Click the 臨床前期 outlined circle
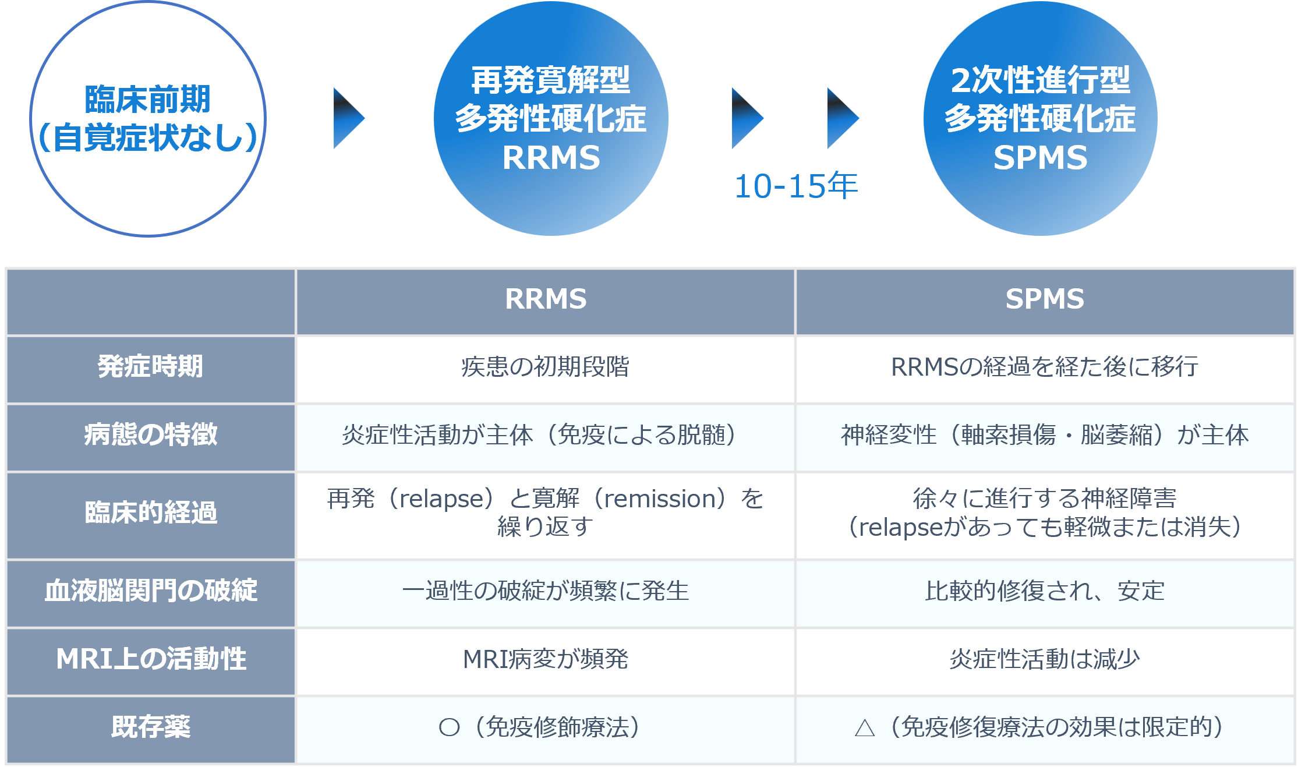click(x=148, y=119)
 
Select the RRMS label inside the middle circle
click(x=551, y=158)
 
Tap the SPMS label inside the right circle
click(x=1040, y=158)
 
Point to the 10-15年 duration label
click(x=795, y=186)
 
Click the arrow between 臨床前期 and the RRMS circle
click(x=348, y=118)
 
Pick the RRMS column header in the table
click(x=546, y=299)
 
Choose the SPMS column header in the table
click(x=1045, y=299)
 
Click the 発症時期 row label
click(x=150, y=367)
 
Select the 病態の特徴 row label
click(x=150, y=434)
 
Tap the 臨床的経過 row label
click(x=150, y=512)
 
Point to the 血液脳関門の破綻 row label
click(x=150, y=591)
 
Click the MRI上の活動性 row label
click(x=150, y=659)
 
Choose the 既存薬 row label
click(x=150, y=727)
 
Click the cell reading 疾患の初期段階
click(x=545, y=367)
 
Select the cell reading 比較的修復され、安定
click(x=1045, y=591)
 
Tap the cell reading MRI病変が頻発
click(x=545, y=659)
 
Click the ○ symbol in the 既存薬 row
click(x=449, y=727)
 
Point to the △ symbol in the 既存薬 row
click(x=865, y=728)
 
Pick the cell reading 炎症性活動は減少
click(x=1045, y=659)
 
